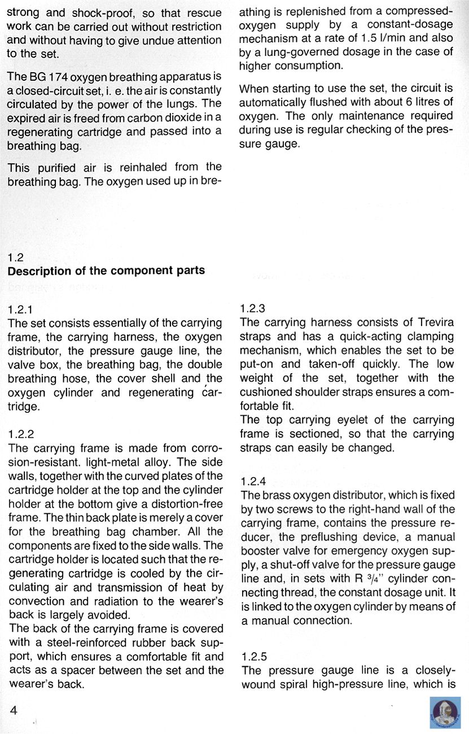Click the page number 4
14,711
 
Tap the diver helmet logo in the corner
445,713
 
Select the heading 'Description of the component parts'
106,270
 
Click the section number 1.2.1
21,310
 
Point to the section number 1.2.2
21,435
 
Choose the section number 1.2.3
253,309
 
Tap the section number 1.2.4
253,482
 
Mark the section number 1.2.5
253,657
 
